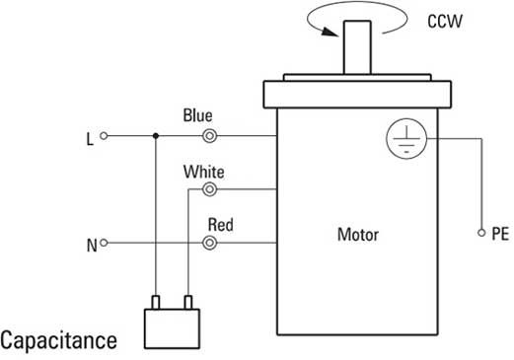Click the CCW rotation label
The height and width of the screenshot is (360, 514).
pyautogui.click(x=445, y=22)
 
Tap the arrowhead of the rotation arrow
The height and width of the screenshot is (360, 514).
pyautogui.click(x=330, y=32)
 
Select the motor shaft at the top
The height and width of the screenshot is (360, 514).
pyautogui.click(x=357, y=47)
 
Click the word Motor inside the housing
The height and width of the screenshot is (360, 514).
pyautogui.click(x=358, y=235)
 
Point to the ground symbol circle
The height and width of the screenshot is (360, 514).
pyautogui.click(x=406, y=139)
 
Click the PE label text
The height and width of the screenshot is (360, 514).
pyautogui.click(x=500, y=234)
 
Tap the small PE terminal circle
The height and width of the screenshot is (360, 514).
pyautogui.click(x=481, y=233)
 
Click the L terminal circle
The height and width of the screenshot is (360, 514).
pyautogui.click(x=104, y=135)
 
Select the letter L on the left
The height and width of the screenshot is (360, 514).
pyautogui.click(x=90, y=139)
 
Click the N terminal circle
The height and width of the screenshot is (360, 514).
pyautogui.click(x=104, y=243)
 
